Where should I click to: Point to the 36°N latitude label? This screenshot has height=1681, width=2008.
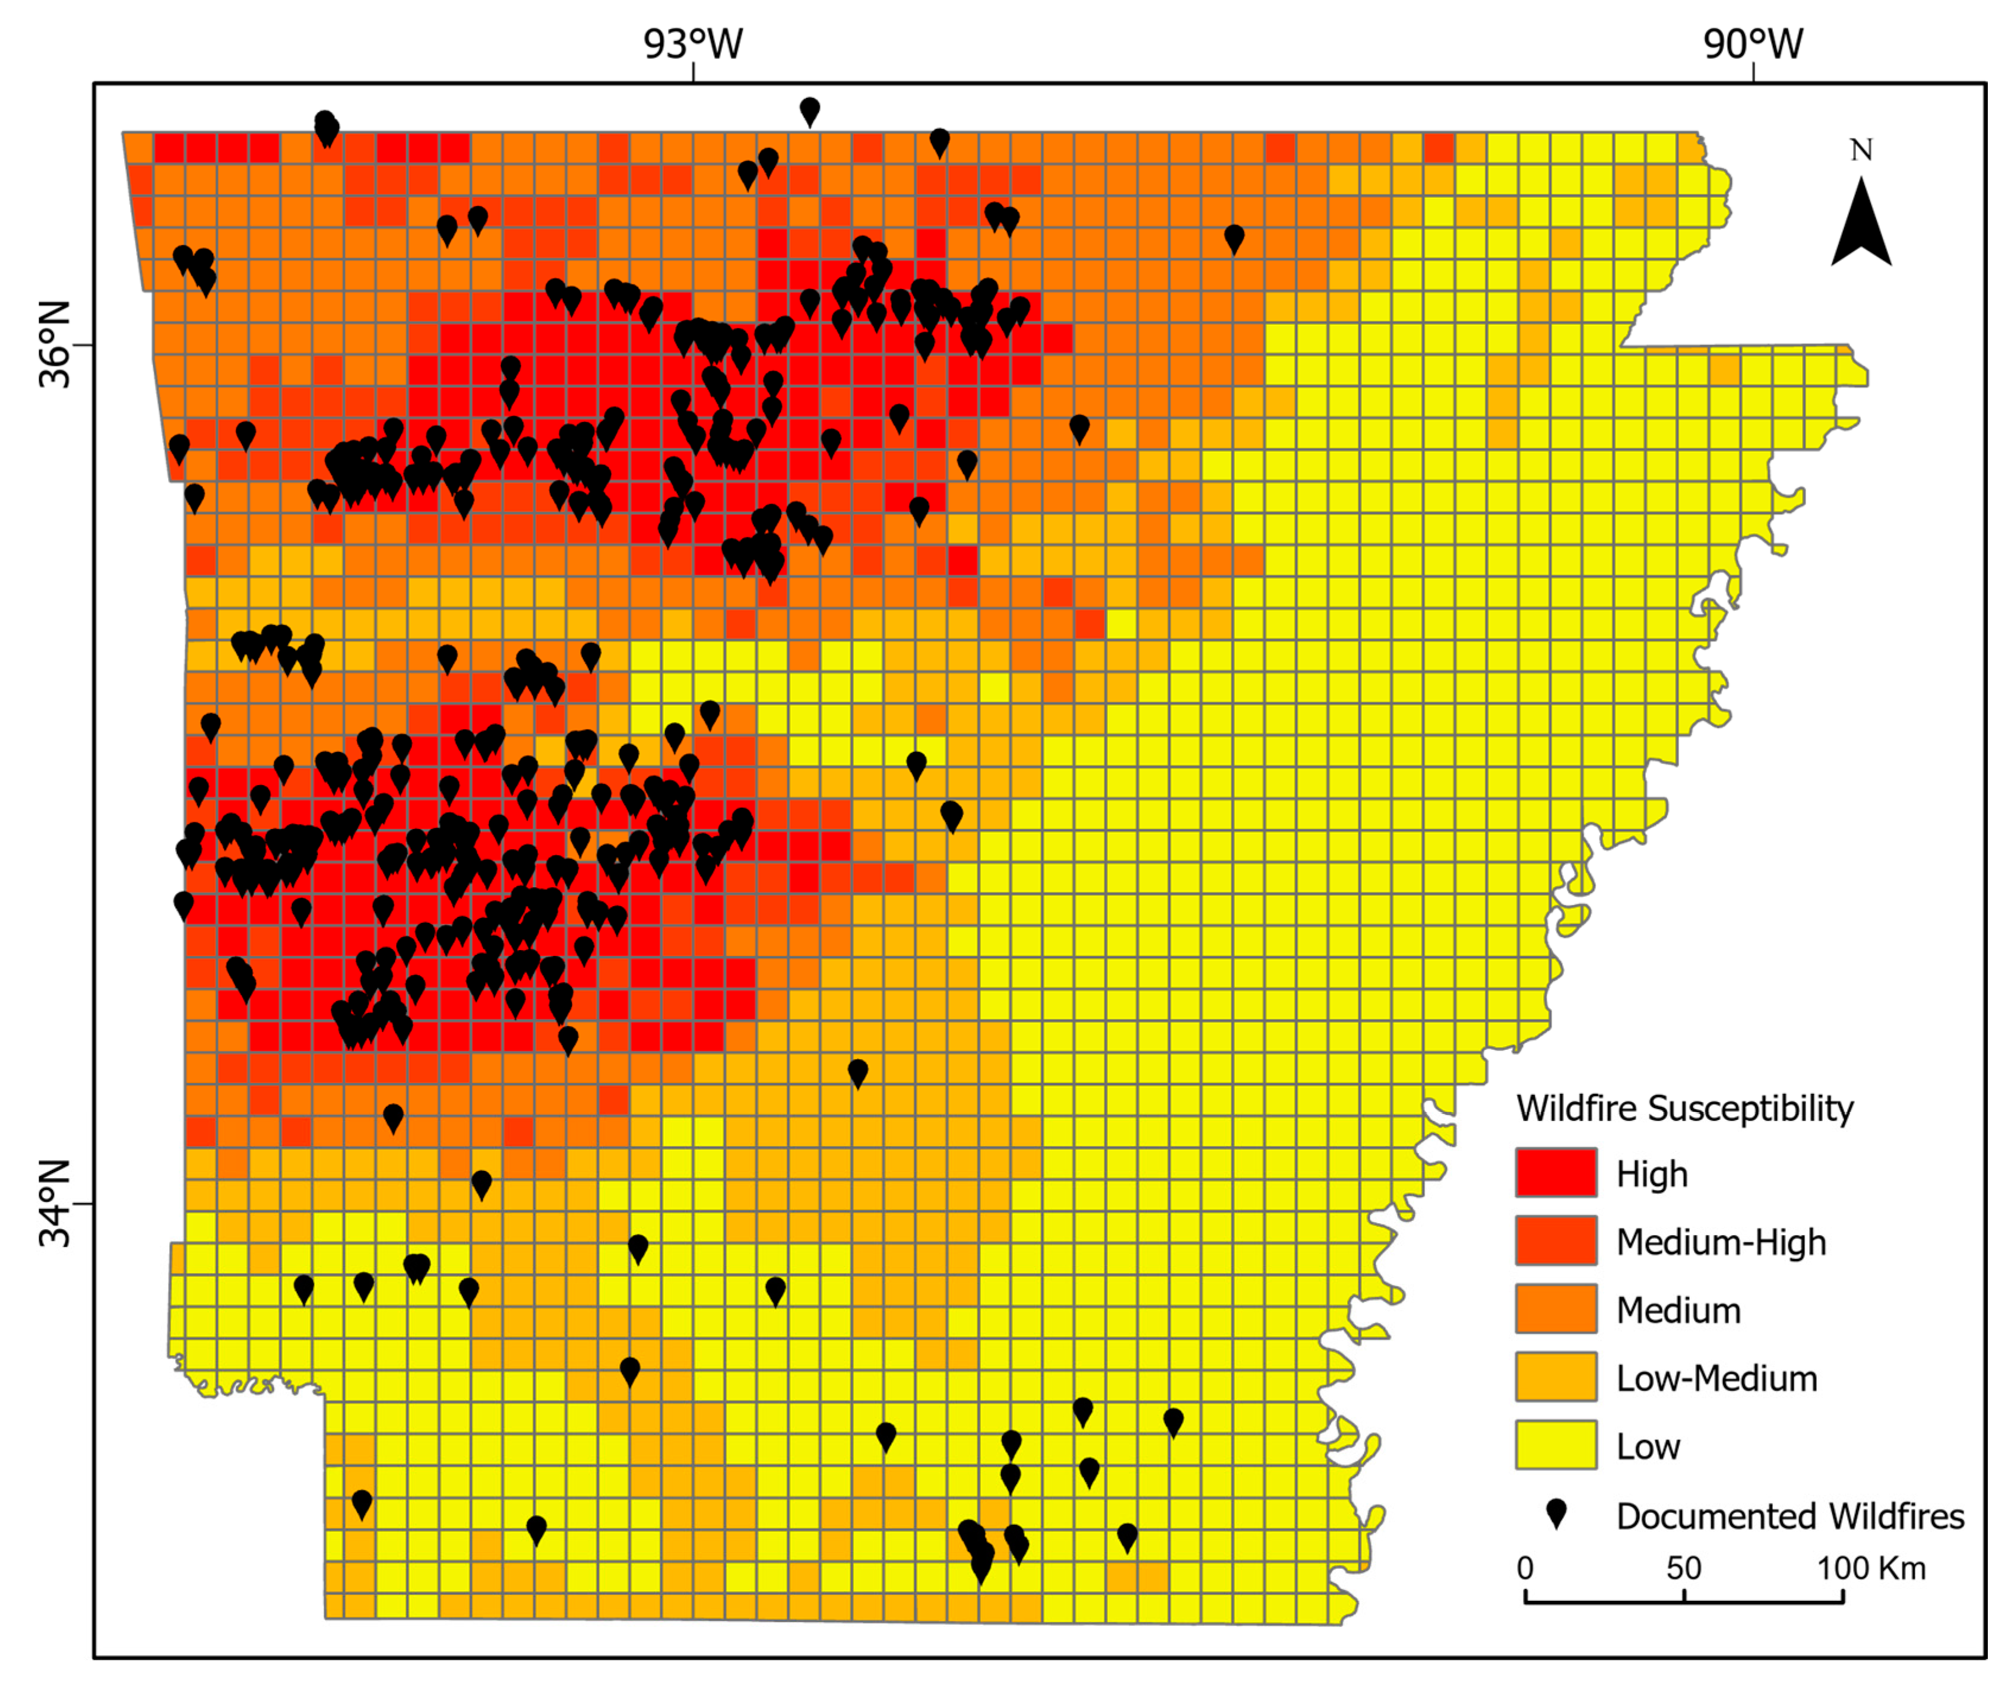pos(55,345)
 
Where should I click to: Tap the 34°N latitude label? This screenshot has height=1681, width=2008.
pos(55,1204)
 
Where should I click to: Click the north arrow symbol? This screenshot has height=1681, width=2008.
pos(1861,224)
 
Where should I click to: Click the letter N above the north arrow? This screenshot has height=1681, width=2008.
pos(1861,150)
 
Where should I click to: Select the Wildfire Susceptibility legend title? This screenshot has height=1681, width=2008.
pos(1685,1108)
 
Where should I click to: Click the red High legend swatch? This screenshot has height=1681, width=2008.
pos(1556,1172)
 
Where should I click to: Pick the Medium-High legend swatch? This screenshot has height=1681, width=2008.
pos(1556,1241)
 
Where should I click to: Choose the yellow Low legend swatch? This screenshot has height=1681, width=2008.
pos(1556,1445)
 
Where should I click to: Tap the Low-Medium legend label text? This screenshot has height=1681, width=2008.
pos(1716,1378)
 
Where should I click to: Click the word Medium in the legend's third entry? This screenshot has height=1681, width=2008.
pos(1678,1310)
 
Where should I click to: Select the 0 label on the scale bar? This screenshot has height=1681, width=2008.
pos(1526,1568)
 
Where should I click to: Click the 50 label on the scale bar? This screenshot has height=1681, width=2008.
pos(1684,1568)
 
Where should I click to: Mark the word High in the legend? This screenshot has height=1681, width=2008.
pos(1651,1175)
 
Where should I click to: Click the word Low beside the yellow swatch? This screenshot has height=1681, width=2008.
pos(1648,1446)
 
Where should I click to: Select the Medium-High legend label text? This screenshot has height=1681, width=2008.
pos(1721,1242)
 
